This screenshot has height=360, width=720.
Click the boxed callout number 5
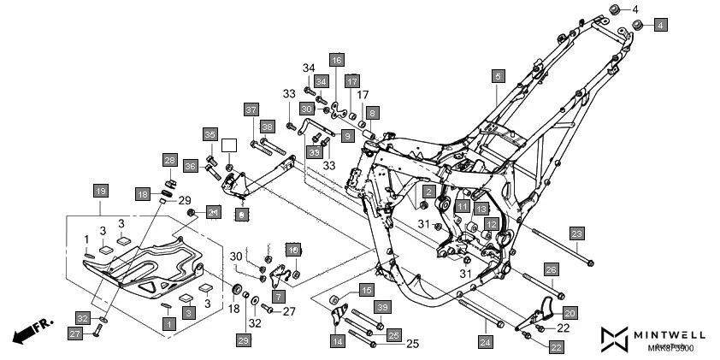coord(497,77)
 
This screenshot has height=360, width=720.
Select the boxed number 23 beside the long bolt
coord(577,233)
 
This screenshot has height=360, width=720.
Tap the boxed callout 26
coord(552,271)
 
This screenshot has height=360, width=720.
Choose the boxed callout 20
coord(570,313)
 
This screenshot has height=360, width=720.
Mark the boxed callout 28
coord(169,161)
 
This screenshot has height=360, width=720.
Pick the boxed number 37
coord(251,110)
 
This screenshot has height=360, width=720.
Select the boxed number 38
coord(267,127)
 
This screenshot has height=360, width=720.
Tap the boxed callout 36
coord(190,166)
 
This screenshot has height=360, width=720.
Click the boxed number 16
coord(337,60)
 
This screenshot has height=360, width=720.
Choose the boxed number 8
coord(372,113)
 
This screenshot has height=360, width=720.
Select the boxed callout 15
coord(366,290)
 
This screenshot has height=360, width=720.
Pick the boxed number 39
coord(383,307)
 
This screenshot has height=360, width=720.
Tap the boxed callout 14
coord(338,341)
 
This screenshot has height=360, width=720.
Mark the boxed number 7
coord(278,296)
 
